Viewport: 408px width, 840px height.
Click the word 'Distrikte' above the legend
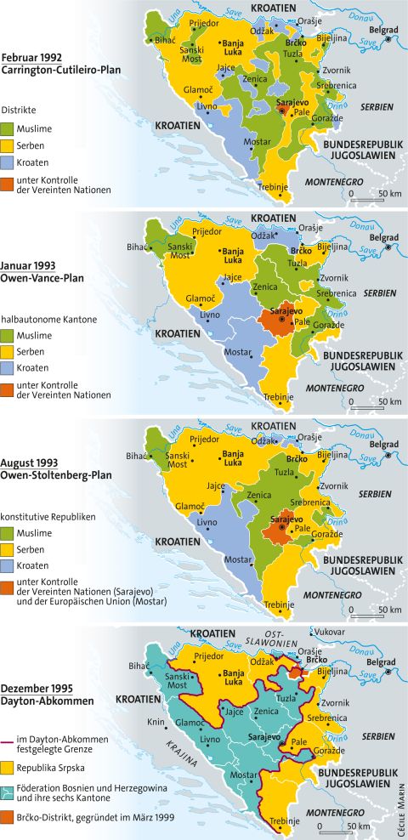(x=20, y=110)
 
